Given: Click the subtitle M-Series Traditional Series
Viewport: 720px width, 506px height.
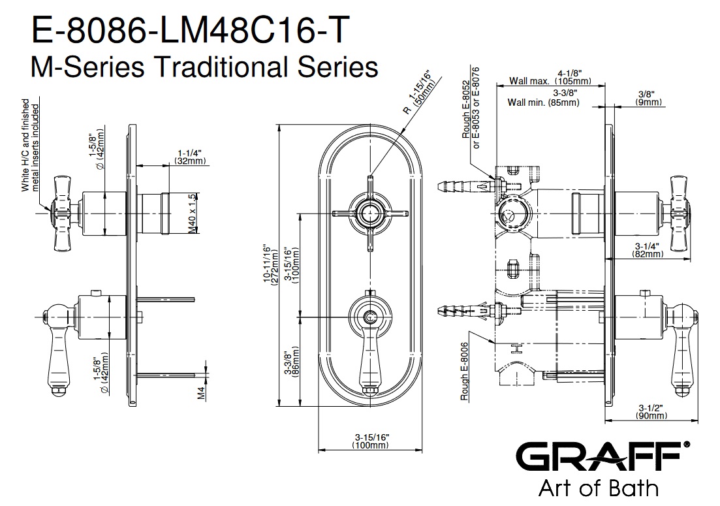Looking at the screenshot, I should pyautogui.click(x=204, y=66).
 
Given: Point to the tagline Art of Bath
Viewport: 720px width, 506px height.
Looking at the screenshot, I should pyautogui.click(x=597, y=488).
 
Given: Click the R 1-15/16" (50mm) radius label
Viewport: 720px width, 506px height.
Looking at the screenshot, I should pyautogui.click(x=416, y=97).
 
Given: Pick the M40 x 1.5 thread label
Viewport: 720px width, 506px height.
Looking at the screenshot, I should pyautogui.click(x=192, y=214).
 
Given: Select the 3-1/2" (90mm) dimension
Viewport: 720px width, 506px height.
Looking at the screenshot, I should pyautogui.click(x=650, y=411).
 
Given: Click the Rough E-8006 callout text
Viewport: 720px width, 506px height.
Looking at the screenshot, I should pyautogui.click(x=465, y=372).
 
